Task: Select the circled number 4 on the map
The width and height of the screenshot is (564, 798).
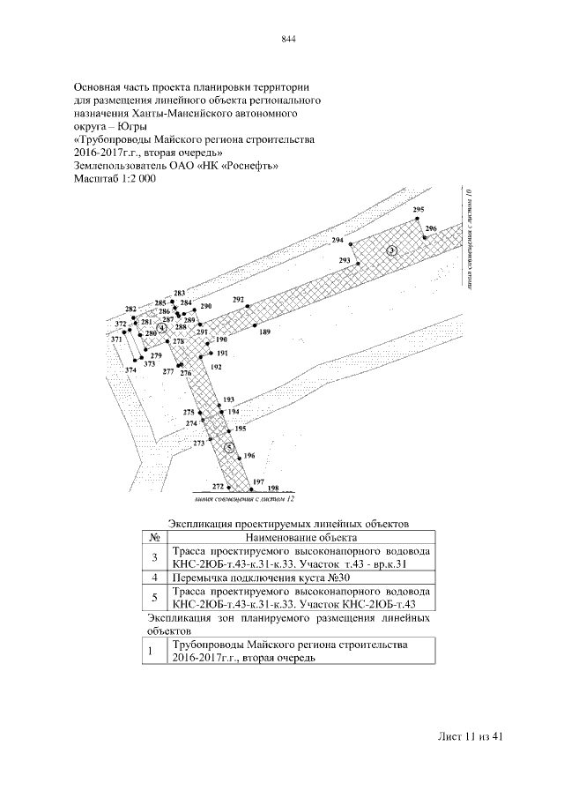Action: pos(161,328)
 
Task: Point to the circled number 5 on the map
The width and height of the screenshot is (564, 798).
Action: pos(229,448)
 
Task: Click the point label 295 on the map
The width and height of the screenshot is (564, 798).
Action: pos(418,209)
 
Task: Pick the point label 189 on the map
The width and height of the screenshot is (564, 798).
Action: pos(264,332)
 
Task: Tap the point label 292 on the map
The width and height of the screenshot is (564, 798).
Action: pos(238,300)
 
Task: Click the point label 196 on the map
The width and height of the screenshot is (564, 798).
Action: pos(249,456)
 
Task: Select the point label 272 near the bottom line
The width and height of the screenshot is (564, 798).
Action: pos(219,486)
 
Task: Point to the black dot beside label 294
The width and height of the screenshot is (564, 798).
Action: pos(350,243)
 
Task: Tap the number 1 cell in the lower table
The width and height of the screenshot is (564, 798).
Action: pos(152,652)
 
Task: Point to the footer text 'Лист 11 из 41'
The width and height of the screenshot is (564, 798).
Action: pos(469,737)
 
